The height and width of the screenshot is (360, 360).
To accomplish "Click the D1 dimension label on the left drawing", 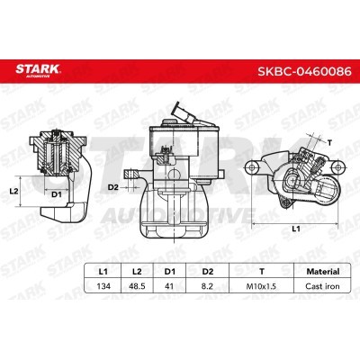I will pyautogui.click(x=56, y=194).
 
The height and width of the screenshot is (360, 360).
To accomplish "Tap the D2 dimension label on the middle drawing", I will pyautogui.click(x=113, y=186).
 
